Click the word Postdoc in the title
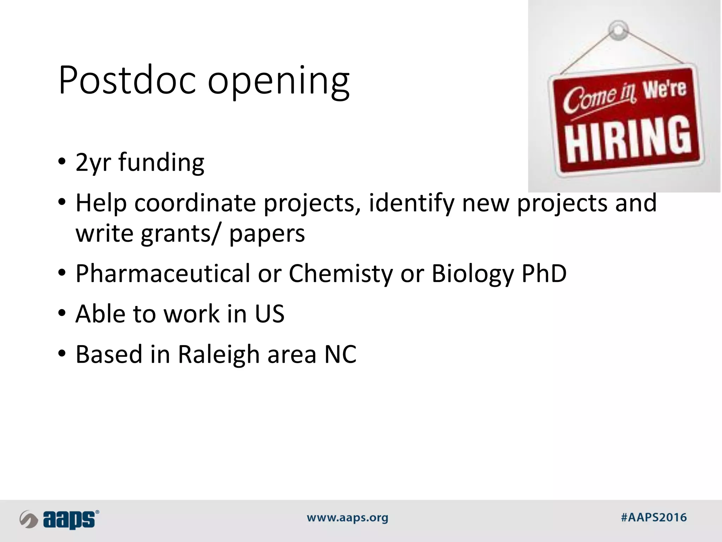click(x=127, y=80)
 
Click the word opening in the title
click(x=279, y=82)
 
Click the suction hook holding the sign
click(x=618, y=30)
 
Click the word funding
click(x=161, y=162)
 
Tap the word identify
click(x=411, y=204)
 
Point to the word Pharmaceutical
click(x=163, y=273)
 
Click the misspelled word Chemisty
click(x=341, y=274)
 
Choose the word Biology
click(x=472, y=274)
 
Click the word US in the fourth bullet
click(x=270, y=314)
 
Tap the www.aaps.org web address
click(x=347, y=518)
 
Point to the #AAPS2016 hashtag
click(x=654, y=518)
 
